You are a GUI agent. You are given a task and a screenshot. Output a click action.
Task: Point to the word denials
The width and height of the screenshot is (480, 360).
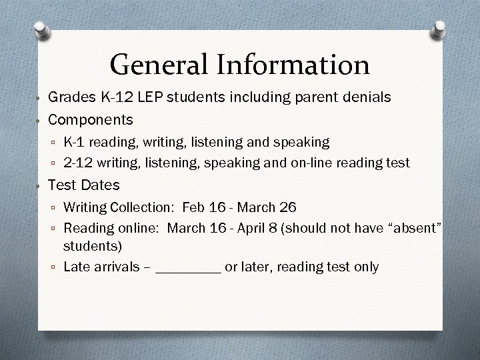click(x=364, y=97)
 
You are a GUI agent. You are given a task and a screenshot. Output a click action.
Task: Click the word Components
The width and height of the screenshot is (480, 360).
click(x=91, y=120)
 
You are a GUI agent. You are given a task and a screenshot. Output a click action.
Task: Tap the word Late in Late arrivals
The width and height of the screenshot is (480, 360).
click(x=75, y=267)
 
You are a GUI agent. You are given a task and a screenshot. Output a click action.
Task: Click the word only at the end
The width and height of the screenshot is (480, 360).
click(x=366, y=267)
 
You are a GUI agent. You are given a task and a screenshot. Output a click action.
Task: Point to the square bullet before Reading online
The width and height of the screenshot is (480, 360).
click(x=54, y=229)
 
